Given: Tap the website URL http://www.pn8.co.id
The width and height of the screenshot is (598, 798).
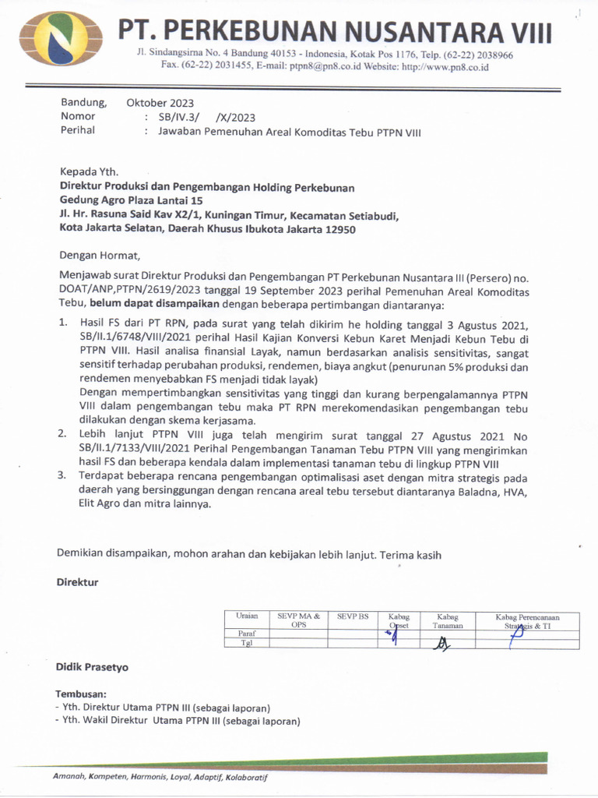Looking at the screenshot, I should [445, 68].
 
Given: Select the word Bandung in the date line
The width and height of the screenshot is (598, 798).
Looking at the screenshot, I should [83, 102].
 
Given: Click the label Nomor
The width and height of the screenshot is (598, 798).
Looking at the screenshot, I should [78, 116].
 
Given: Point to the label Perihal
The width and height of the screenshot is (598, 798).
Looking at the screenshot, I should [78, 130].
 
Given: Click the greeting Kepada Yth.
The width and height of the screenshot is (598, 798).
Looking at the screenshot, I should [90, 171].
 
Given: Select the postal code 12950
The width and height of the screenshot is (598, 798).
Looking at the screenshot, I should [339, 229].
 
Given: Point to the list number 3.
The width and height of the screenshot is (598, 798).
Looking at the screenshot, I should [62, 477].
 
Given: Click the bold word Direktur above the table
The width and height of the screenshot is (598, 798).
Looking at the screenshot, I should [77, 582].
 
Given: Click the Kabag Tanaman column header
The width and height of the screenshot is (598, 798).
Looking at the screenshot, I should [448, 620].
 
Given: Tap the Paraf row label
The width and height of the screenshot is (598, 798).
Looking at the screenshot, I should [247, 634].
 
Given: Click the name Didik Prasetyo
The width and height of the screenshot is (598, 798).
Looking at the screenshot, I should [92, 667].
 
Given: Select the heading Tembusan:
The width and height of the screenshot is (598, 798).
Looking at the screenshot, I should [82, 693].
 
